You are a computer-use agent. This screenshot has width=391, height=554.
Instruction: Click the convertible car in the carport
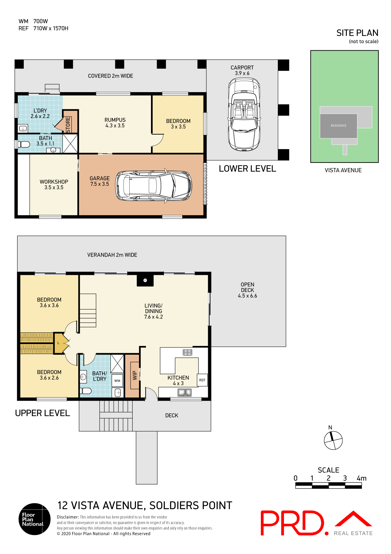pyautogui.click(x=244, y=114)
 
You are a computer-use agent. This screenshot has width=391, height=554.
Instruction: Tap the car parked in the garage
pyautogui.click(x=153, y=185)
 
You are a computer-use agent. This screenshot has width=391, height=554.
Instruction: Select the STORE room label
pyautogui.click(x=68, y=124)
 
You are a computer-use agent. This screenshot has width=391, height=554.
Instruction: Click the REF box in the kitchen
pyautogui.click(x=202, y=380)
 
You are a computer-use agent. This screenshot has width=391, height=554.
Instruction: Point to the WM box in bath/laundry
pyautogui.click(x=117, y=381)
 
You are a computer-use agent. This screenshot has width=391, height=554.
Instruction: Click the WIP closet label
pyautogui.click(x=135, y=375)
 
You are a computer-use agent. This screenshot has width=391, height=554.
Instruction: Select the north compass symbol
pyautogui.click(x=333, y=440)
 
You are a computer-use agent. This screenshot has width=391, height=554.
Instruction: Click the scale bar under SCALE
pyautogui.click(x=328, y=485)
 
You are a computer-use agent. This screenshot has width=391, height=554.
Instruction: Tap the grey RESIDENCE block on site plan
pyautogui.click(x=338, y=126)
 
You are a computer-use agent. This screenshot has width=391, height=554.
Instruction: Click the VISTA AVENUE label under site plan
pyautogui.click(x=343, y=170)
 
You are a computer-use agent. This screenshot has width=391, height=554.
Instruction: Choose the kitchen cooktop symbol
pyautogui.click(x=187, y=352)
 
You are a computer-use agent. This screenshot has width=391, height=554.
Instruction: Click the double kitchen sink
pyautogui.click(x=185, y=392)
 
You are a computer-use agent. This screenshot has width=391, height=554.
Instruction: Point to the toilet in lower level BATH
pyautogui.click(x=24, y=144)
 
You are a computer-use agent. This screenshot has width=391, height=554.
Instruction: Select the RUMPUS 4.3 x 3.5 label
pyautogui.click(x=115, y=123)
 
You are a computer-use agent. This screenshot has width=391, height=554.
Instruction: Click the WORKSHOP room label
pyautogui.click(x=54, y=184)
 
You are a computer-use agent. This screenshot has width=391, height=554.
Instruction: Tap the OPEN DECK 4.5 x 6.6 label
pyautogui.click(x=247, y=290)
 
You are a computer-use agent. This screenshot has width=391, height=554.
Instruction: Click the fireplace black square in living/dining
pyautogui.click(x=145, y=280)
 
